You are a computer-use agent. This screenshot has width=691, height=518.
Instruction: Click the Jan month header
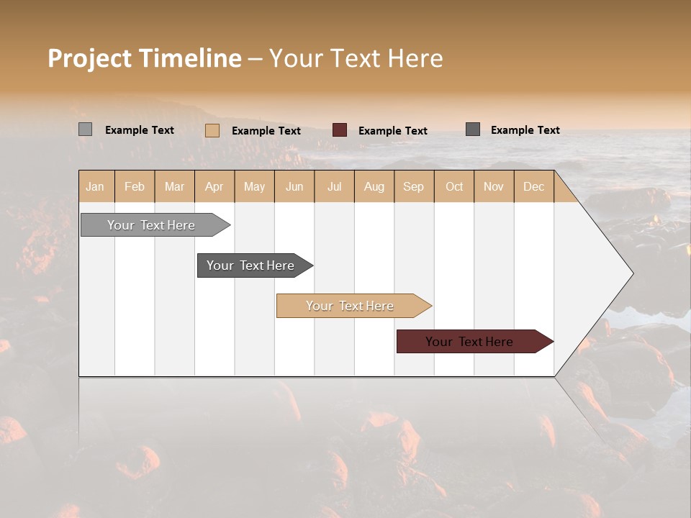[x=96, y=186]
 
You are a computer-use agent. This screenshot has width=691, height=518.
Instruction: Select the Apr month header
[x=214, y=186]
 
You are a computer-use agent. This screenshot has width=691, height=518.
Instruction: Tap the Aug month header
[x=374, y=186]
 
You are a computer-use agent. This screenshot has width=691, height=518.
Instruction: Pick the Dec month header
[x=533, y=186]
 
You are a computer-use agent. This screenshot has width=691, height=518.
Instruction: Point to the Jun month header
[x=294, y=186]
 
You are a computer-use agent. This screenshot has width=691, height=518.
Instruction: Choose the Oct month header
[x=453, y=186]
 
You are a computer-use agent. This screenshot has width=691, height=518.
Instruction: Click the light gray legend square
[x=85, y=129]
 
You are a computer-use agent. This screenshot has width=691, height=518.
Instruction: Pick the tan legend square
[x=212, y=130]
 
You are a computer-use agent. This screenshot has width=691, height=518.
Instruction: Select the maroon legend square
[x=339, y=130]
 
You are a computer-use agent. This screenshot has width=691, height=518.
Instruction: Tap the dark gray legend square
[x=472, y=129]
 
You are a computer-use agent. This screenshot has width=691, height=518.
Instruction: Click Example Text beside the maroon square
[x=392, y=130]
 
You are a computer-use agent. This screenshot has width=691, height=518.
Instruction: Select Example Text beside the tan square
[x=266, y=130]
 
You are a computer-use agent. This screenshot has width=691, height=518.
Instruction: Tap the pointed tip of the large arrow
[x=631, y=273]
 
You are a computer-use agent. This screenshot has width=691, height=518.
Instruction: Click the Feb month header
[x=135, y=186]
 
